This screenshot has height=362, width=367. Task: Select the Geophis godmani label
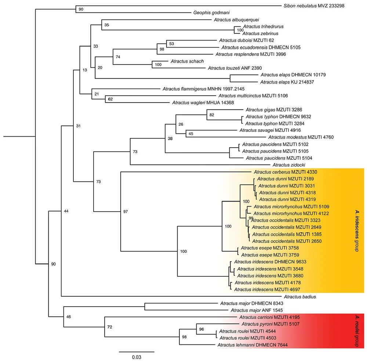pyautogui.click(x=212, y=12)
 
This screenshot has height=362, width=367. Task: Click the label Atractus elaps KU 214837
pyautogui.click(x=287, y=82)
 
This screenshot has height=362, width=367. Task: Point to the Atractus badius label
pyautogui.click(x=299, y=296)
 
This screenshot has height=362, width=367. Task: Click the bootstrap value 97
pyautogui.click(x=126, y=211)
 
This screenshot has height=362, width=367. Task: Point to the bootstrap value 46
pyautogui.click(x=68, y=316)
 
